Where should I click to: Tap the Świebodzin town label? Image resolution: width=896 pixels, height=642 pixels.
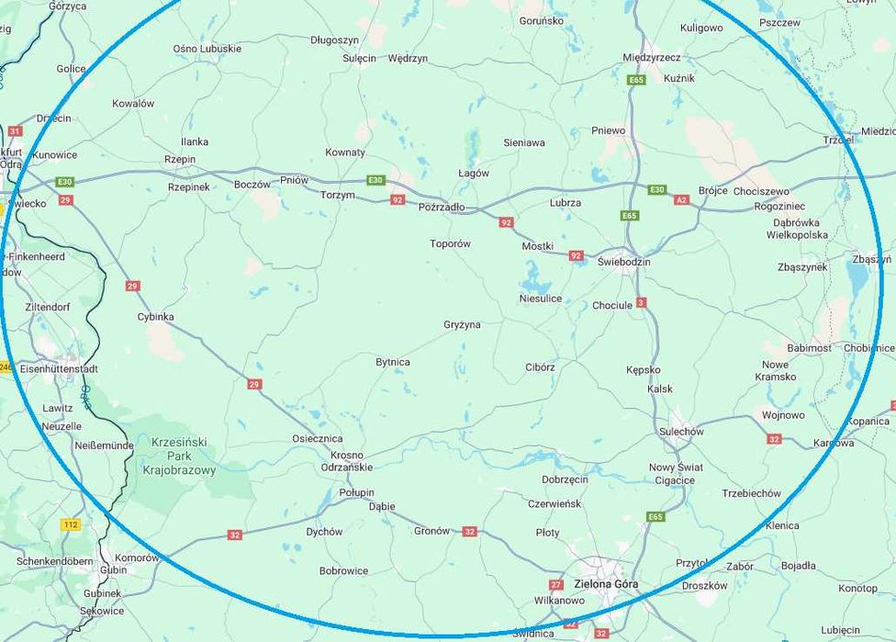[x=623, y=262]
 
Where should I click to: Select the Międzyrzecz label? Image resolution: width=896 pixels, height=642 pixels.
[x=651, y=57]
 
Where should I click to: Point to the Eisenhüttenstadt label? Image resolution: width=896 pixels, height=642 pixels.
[x=59, y=368]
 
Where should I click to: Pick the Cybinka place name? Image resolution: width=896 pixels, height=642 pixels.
[x=155, y=317]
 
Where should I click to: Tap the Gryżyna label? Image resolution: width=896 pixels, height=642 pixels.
[x=462, y=324]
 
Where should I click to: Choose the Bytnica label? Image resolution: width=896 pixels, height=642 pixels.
[x=393, y=362]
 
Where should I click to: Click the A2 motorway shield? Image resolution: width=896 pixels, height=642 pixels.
[x=681, y=199]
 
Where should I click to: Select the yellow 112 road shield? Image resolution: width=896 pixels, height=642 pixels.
[x=71, y=524]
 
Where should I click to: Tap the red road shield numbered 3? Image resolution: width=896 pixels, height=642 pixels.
[x=641, y=302]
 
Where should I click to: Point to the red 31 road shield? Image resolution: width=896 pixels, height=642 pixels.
[x=14, y=131]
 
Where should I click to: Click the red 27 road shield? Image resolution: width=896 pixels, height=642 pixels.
[x=555, y=584]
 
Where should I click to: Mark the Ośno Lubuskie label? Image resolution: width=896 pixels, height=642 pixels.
[x=207, y=49]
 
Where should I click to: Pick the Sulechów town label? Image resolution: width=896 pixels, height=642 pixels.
[x=681, y=432]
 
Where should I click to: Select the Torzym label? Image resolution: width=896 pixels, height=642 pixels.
[x=338, y=195]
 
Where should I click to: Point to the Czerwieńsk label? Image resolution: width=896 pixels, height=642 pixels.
[x=554, y=503]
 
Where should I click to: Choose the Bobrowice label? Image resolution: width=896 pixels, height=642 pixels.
[x=343, y=570]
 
